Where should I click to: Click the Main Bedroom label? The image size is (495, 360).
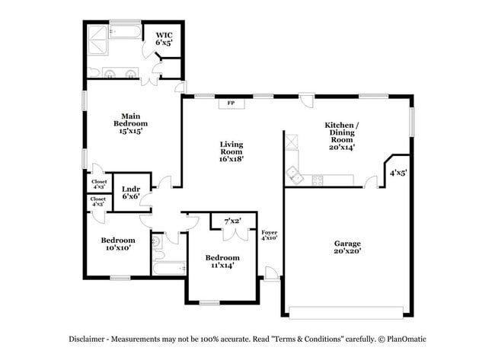130,123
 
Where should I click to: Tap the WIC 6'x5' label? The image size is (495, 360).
164,39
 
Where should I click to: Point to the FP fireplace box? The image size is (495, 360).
231,104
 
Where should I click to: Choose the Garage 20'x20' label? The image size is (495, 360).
346,247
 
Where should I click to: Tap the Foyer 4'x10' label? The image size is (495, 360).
269,234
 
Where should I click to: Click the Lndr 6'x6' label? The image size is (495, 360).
132,191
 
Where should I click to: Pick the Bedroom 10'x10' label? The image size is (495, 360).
117,244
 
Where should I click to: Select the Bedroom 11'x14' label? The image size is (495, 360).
222,261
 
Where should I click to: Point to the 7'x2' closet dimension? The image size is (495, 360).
232,221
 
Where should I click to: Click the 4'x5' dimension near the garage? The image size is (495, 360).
398,174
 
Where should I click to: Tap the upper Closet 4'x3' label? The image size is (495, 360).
99,185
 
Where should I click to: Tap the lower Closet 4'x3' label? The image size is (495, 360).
99,202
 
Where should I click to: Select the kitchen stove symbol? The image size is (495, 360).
317,180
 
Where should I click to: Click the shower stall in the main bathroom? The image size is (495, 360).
97,37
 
